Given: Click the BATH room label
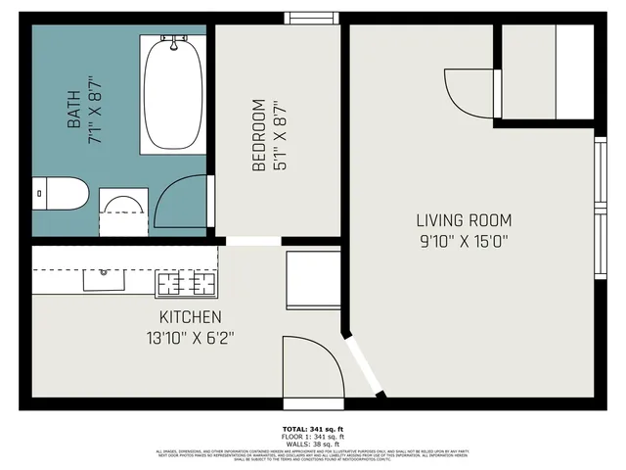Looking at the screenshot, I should (73, 111).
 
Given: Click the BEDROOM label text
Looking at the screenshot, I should (258, 135).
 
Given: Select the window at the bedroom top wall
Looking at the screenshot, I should (312, 17).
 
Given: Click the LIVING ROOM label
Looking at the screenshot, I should (464, 220).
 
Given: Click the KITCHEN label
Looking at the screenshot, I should (191, 317).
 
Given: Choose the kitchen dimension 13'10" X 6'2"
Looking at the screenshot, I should (191, 338).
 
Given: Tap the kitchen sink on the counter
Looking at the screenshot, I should (103, 281).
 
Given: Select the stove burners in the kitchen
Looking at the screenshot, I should (186, 284).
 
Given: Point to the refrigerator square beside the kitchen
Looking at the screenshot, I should (312, 280).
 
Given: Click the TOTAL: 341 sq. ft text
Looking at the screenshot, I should (312, 430).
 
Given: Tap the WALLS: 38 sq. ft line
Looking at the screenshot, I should (312, 444).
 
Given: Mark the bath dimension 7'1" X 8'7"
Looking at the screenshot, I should (95, 111).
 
